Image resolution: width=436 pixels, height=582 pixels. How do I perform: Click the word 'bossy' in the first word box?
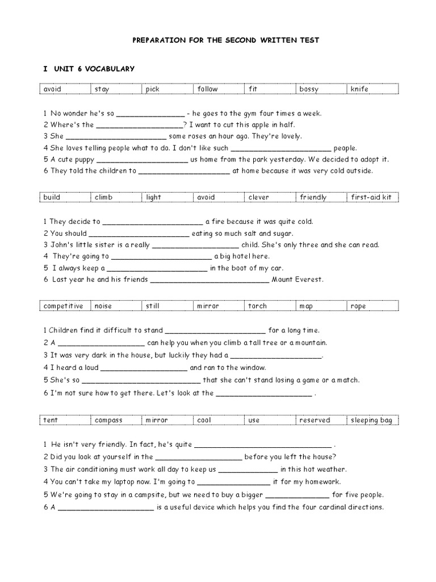[x=309, y=89]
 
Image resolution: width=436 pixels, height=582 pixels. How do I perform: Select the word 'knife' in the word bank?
[x=359, y=89]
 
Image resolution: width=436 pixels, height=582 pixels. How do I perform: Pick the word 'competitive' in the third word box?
[x=63, y=306]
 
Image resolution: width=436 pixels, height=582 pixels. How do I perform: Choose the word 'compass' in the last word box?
[x=108, y=420]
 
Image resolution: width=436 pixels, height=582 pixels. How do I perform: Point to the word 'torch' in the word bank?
[x=257, y=306]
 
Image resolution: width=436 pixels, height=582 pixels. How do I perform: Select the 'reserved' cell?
[x=315, y=420]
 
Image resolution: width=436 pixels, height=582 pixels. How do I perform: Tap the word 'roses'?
[x=196, y=136]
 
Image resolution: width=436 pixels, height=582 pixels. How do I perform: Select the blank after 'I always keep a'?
[x=157, y=269]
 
